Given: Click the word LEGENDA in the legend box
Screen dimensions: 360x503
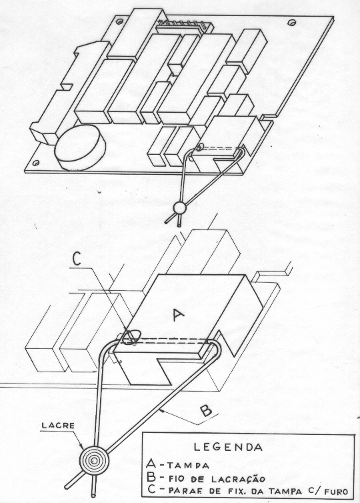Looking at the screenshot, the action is point(228,447).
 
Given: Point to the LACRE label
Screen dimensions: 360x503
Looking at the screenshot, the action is point(58,426).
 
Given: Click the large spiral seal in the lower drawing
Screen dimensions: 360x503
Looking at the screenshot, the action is point(94,460).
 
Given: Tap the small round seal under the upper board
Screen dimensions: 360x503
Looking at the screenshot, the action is point(179,208).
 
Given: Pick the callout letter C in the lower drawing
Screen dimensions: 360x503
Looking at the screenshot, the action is point(77,260).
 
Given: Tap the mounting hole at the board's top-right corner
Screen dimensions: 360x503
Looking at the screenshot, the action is point(291,23).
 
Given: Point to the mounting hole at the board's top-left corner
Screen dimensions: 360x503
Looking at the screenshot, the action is point(119,22).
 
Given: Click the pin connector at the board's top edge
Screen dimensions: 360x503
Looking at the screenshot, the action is point(183,27).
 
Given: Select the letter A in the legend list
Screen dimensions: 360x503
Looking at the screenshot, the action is point(151,464).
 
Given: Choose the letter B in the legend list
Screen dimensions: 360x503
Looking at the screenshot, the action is point(151,478).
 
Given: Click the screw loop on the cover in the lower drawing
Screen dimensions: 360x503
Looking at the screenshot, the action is point(131,337).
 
